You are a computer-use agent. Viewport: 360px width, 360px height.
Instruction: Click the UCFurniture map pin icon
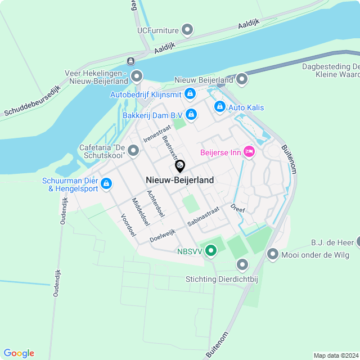click(x=188, y=29)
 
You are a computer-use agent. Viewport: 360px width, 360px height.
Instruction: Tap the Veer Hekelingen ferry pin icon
click(x=136, y=75)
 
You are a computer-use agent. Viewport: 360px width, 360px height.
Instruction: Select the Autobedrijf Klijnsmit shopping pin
click(x=191, y=93)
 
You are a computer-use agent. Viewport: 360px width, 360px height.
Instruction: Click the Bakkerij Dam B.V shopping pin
click(x=191, y=114)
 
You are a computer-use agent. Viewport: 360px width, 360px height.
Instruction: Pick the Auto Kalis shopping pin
click(x=219, y=106)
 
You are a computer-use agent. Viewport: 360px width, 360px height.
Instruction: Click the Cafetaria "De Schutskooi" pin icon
click(x=133, y=150)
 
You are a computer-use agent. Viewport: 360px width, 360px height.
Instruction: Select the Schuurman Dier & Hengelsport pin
click(x=106, y=183)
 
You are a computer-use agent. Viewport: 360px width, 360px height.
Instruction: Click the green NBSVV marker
click(x=211, y=250)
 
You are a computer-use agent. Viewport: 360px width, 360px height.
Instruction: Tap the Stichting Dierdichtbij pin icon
click(x=242, y=264)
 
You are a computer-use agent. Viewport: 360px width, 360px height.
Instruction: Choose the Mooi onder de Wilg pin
click(x=273, y=254)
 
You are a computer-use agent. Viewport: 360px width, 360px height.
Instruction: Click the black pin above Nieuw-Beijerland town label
click(x=180, y=166)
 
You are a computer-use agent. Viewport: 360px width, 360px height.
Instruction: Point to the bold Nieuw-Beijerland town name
click(x=179, y=180)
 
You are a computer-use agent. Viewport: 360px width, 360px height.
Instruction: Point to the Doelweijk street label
click(x=163, y=236)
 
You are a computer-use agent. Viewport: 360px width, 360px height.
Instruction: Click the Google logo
click(x=19, y=353)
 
